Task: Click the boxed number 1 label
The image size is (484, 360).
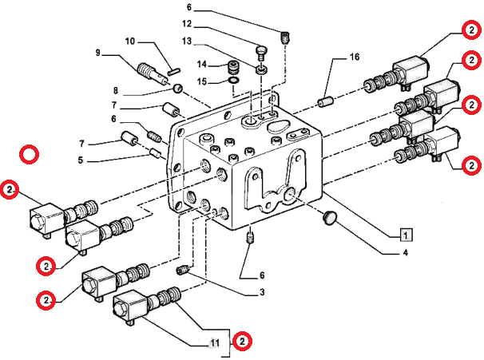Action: pos(406,235)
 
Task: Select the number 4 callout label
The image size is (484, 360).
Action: pos(405,253)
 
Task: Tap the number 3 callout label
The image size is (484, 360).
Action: pos(262,291)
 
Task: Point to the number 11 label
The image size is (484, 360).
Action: pos(215,342)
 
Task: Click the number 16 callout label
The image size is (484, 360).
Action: pos(355,57)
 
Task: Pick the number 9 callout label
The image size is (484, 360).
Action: pos(98,53)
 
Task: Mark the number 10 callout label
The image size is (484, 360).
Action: pos(130,41)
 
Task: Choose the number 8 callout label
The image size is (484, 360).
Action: pos(116,90)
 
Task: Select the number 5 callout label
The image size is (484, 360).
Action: pos(80,160)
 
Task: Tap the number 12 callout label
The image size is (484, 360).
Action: pos(187,23)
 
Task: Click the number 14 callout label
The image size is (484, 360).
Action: pos(201,64)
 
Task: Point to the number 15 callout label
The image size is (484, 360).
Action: pos(201,81)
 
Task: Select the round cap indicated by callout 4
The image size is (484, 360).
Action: pos(330,217)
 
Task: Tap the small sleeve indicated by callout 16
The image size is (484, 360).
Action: pos(325,102)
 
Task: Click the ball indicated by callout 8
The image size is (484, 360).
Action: pos(177,89)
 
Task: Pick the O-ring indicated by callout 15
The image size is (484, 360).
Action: pos(234,81)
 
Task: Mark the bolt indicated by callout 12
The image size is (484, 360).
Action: pos(261,53)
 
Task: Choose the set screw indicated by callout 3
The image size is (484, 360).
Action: pos(183,270)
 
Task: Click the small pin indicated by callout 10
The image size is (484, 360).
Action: pos(174,72)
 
